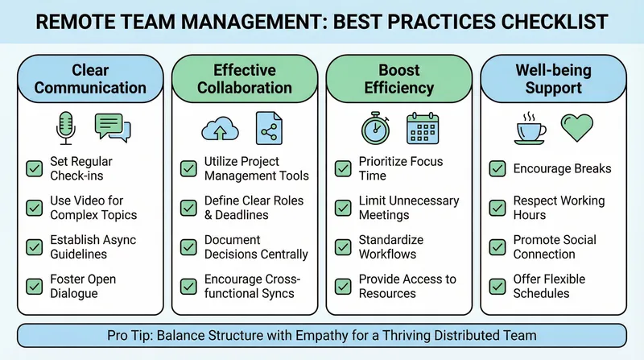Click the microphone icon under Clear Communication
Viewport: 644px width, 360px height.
click(65, 127)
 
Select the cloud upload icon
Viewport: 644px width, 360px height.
click(219, 127)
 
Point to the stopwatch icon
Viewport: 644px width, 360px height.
click(374, 127)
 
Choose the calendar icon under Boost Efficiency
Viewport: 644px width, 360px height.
click(423, 127)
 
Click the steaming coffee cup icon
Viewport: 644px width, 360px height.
click(530, 127)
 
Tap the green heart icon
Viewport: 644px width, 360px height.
click(576, 127)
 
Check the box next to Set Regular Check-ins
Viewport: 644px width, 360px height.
click(35, 168)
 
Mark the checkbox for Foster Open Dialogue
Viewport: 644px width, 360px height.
click(35, 286)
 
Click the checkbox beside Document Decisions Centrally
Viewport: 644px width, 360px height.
click(188, 246)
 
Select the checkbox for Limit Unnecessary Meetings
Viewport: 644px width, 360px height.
click(343, 208)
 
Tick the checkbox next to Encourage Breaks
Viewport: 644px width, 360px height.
click(497, 169)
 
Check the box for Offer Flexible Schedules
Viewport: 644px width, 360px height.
click(497, 286)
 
